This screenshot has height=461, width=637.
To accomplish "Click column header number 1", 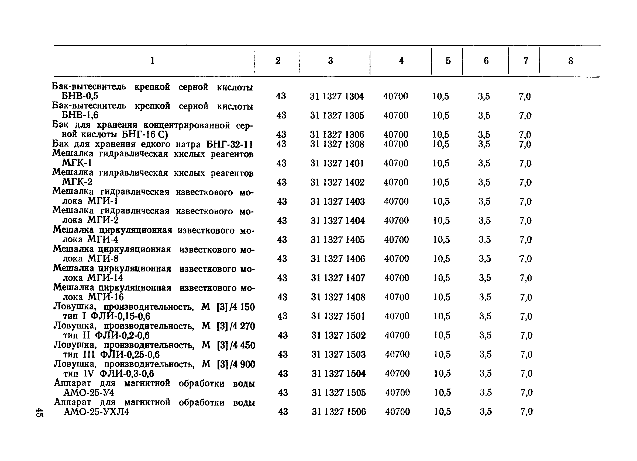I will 153,61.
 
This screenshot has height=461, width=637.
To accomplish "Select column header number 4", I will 401,61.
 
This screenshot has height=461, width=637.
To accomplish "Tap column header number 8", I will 570,61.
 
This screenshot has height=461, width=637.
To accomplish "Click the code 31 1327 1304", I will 337,96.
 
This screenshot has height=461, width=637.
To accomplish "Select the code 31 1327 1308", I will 337,144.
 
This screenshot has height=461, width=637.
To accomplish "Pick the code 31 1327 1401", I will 337,163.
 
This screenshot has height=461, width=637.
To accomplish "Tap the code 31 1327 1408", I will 338,297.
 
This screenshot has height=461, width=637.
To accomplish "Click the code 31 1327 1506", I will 339,412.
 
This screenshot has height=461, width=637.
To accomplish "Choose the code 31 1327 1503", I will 338,355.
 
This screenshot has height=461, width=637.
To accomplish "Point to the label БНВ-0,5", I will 80,96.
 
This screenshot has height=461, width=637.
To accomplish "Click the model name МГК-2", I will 77,182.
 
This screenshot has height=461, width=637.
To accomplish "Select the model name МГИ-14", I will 105,278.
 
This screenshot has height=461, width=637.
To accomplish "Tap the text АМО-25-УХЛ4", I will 96,412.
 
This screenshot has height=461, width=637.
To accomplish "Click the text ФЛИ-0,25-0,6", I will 130,355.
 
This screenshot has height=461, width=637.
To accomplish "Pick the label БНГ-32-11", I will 229,144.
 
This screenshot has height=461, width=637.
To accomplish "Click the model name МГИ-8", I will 103,259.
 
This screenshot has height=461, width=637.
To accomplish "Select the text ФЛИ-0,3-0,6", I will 127,374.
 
